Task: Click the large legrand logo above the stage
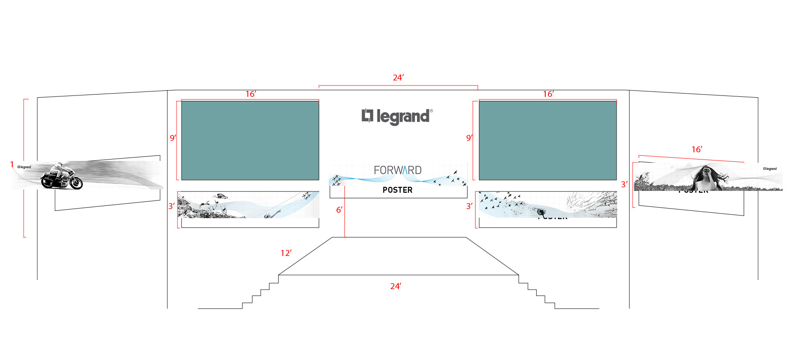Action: [397, 116]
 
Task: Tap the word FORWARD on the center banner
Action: [397, 170]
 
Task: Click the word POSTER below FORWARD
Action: [397, 190]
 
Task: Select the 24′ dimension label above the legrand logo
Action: [398, 78]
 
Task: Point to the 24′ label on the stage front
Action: [396, 286]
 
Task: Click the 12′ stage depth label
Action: [286, 253]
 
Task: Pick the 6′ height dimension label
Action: [339, 210]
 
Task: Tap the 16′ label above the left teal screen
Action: [251, 94]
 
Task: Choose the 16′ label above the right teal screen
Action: [548, 94]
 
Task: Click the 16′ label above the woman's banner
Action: [697, 150]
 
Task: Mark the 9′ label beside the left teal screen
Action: [173, 138]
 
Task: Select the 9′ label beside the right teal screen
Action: [469, 138]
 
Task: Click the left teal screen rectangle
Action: [250, 140]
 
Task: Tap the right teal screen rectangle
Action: [548, 140]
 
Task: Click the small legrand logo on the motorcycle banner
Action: [25, 167]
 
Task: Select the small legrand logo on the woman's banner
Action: [770, 169]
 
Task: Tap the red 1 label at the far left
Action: [12, 165]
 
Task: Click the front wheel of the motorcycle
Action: [76, 183]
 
